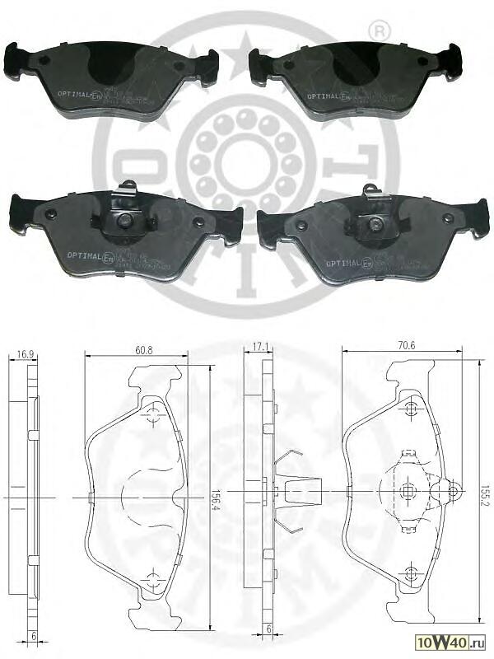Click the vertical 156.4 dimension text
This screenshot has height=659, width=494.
[216, 498]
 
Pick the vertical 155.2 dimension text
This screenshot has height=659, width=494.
[485, 498]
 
